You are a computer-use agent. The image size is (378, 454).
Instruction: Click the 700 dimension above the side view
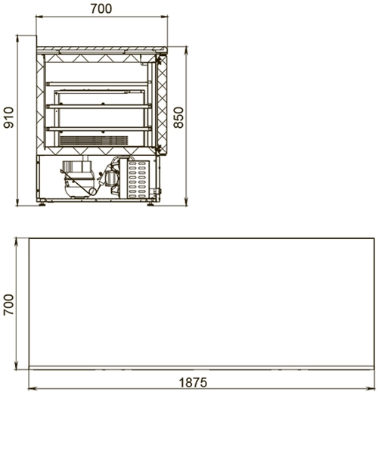point(101,8)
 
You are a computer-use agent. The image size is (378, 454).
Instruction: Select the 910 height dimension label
point(8,117)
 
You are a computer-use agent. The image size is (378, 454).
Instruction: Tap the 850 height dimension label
point(179,117)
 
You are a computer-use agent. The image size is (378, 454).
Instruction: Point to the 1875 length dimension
point(193,382)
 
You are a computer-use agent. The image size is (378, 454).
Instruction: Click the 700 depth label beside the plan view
point(8,305)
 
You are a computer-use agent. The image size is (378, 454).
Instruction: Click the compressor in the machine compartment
point(78,179)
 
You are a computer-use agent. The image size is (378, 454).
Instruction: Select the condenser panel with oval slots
point(138,179)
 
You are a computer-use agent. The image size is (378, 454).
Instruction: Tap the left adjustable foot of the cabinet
point(42,204)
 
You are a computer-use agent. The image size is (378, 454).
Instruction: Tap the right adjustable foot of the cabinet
point(150,204)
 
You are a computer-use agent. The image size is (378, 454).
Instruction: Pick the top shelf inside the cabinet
point(98,84)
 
